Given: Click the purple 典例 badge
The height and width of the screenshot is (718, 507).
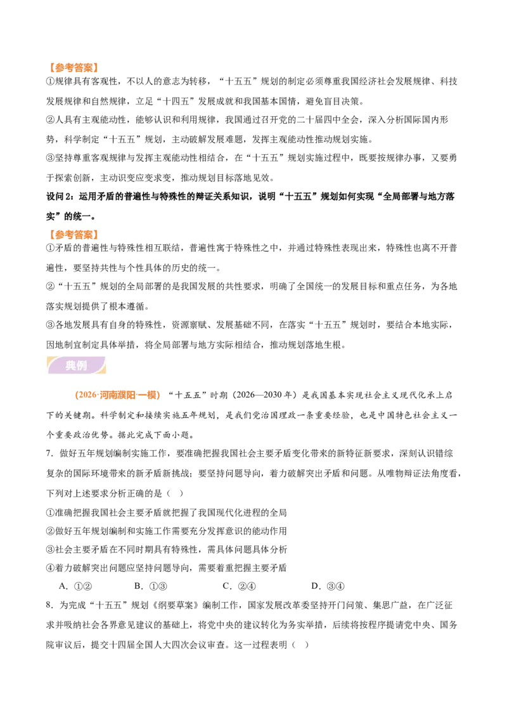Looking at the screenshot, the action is [76, 365].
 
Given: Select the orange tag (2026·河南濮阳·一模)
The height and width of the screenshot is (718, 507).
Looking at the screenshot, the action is [117, 395].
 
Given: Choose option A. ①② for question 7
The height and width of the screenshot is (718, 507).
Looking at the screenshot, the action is [76, 586].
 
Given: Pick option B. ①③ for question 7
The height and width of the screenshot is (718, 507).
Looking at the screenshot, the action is [151, 586].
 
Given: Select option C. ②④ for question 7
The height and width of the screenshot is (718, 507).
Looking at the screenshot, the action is [240, 586].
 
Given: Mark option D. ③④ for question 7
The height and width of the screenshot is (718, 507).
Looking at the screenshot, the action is [328, 586].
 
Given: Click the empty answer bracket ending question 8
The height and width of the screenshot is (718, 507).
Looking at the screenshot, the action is [300, 644].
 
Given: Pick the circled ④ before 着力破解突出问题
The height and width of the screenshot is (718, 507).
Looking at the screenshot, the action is [50, 568].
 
